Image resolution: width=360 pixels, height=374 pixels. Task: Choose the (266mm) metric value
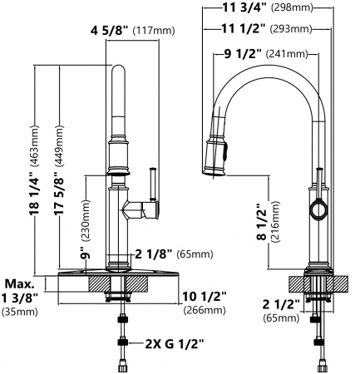click(201, 310)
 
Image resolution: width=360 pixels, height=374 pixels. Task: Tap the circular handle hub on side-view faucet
click(318, 210)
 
